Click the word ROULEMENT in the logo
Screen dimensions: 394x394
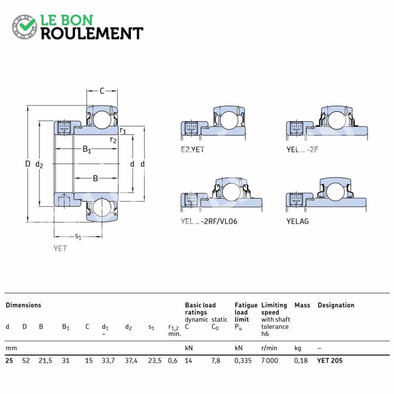pyautogui.click(x=92, y=33)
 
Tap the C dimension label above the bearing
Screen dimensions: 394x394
pyautogui.click(x=102, y=91)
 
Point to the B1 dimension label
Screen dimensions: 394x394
pyautogui.click(x=87, y=150)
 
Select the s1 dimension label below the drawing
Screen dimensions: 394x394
pyautogui.click(x=78, y=236)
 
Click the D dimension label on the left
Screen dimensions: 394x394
pyautogui.click(x=28, y=164)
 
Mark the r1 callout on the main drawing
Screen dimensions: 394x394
pyautogui.click(x=123, y=131)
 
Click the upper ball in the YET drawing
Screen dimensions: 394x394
pyautogui.click(x=102, y=119)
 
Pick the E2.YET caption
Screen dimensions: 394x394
pyautogui.click(x=193, y=150)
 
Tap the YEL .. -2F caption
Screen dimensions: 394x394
pyautogui.click(x=302, y=150)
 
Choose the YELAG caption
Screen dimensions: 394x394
pyautogui.click(x=297, y=221)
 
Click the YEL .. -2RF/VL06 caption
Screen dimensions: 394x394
pyautogui.click(x=209, y=221)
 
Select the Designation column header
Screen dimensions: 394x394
pyautogui.click(x=336, y=305)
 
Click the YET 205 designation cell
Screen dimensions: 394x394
pyautogui.click(x=329, y=361)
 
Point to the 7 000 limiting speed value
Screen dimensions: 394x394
pyautogui.click(x=269, y=361)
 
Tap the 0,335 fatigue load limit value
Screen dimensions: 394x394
pyautogui.click(x=243, y=361)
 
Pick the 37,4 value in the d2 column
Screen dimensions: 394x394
pyautogui.click(x=131, y=361)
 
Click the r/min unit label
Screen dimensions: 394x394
pyautogui.click(x=269, y=348)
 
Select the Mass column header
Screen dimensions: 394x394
pyautogui.click(x=302, y=305)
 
